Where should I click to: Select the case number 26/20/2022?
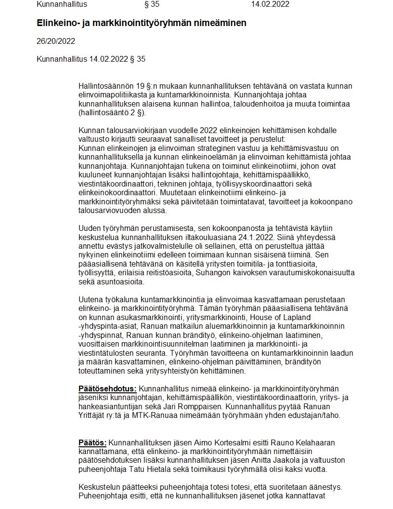(56, 41)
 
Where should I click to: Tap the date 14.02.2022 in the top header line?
(270, 4)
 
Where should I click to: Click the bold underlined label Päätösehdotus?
(107, 389)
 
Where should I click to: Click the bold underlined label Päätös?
(92, 442)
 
